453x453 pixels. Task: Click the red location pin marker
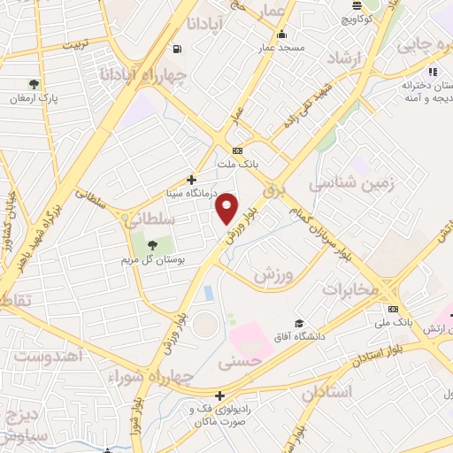[227, 207]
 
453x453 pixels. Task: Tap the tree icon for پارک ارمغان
[34, 85]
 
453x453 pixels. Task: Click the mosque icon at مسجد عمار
[281, 35]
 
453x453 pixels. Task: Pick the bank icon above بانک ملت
[237, 150]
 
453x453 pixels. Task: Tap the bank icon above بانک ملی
[393, 309]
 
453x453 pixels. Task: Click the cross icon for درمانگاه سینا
[190, 180]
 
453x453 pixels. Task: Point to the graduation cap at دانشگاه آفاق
[299, 324]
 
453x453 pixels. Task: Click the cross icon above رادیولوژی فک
[219, 395]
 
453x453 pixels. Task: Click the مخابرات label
[350, 289]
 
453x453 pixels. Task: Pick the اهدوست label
[50, 356]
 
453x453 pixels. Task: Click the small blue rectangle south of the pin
[208, 292]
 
